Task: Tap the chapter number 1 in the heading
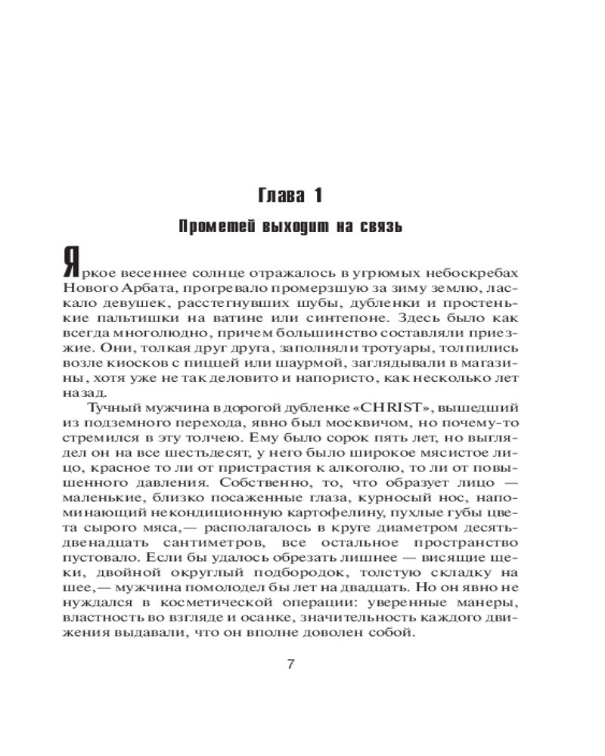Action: coord(318,197)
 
